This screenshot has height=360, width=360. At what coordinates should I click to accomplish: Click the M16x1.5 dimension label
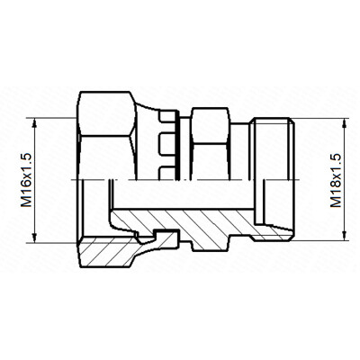(x=26, y=180)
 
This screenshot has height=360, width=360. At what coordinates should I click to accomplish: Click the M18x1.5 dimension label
(x=336, y=181)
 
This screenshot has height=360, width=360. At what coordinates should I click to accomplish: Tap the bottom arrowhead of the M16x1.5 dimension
(x=35, y=238)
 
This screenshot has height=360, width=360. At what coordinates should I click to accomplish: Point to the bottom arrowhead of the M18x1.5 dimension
(x=345, y=235)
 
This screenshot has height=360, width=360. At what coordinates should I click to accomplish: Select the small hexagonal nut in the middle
(x=211, y=143)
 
